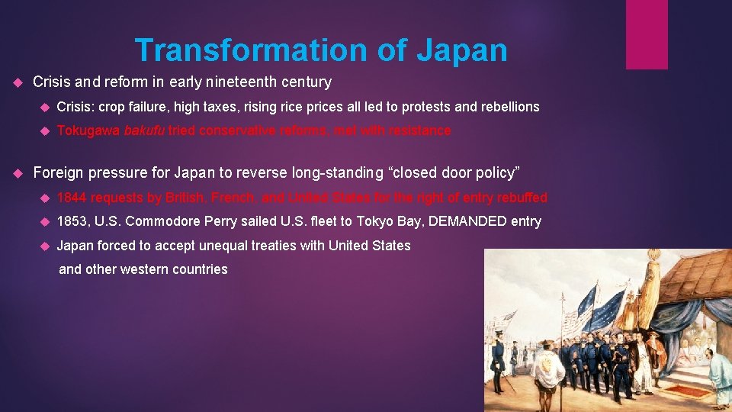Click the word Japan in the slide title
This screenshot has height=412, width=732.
tap(461, 50)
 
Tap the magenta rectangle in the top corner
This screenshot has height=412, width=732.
tap(647, 34)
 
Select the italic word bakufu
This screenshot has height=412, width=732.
tap(144, 130)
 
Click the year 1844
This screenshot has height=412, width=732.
tap(72, 198)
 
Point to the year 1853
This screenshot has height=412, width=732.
tap(72, 221)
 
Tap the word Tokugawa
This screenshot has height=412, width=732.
tap(88, 130)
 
